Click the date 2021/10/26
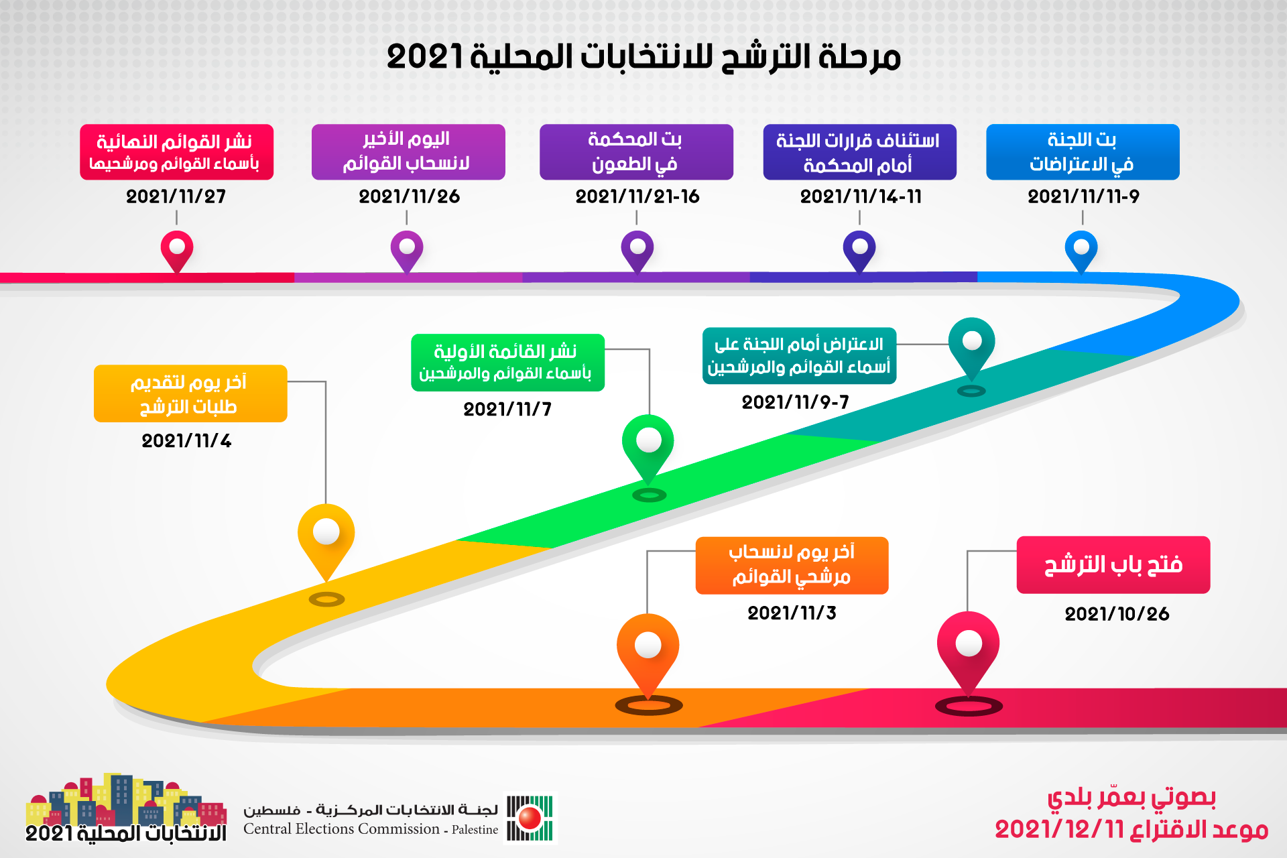1117,613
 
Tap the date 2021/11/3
792,613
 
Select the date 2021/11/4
186,440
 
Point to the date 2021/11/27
176,196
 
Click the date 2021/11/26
409,196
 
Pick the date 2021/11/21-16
637,196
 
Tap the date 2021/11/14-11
861,196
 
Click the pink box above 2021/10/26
1113,564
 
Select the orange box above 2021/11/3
792,565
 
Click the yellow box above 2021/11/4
190,393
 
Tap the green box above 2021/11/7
507,363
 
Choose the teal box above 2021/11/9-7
799,356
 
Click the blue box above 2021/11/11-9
1083,152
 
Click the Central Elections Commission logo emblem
530,818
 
